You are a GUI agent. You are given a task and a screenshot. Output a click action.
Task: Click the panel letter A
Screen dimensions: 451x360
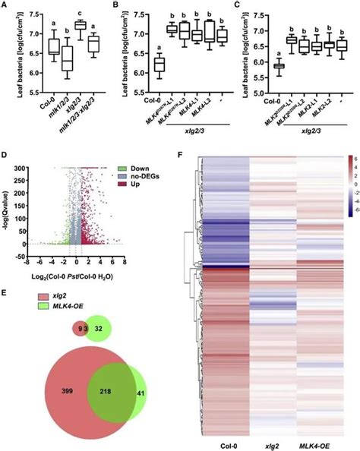5,6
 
